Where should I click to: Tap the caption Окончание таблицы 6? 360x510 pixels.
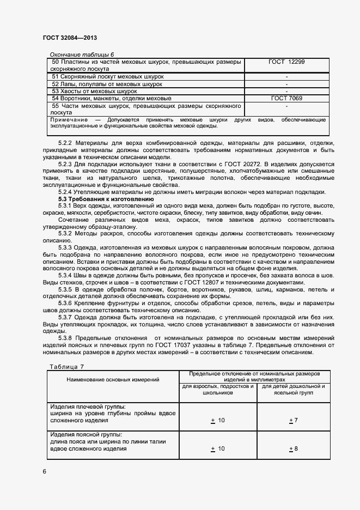tap(82, 54)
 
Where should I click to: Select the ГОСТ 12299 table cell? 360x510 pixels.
tap(286, 62)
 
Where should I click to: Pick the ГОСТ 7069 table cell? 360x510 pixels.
tap(286, 98)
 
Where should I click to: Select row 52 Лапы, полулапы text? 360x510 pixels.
tap(107, 84)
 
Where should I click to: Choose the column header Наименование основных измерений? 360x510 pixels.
tap(113, 379)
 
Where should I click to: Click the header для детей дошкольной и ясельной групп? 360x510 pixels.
tap(294, 389)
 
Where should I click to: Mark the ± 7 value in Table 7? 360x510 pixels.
tap(293, 420)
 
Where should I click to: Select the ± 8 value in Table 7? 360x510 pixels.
tap(293, 448)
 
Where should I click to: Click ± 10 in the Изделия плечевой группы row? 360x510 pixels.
tap(217, 420)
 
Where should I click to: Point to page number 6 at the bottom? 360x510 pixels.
tap(44, 471)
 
